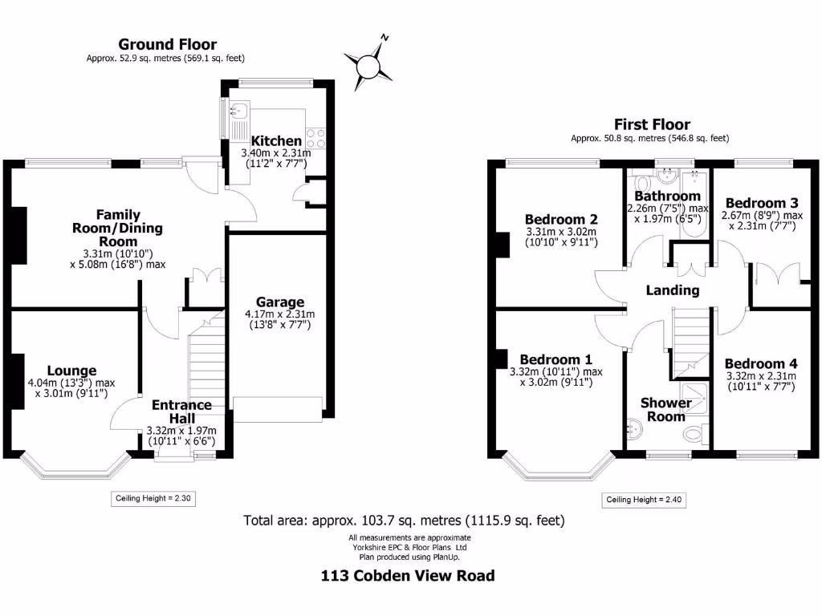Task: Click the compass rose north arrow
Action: [x=369, y=63]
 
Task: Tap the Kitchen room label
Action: [x=277, y=140]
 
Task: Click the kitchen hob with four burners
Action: [x=314, y=138]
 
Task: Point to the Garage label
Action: [x=280, y=302]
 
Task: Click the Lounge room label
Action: [x=71, y=371]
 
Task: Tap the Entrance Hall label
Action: [x=181, y=411]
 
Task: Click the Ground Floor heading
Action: [x=167, y=45]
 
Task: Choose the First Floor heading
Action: [x=652, y=124]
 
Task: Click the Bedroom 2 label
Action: [x=561, y=219]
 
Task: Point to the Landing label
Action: [x=673, y=290]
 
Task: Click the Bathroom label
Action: [x=667, y=197]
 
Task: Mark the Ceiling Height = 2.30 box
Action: [x=153, y=498]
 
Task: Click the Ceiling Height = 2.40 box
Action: [x=645, y=500]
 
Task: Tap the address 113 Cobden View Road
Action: [x=408, y=575]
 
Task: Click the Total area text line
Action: [x=405, y=521]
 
